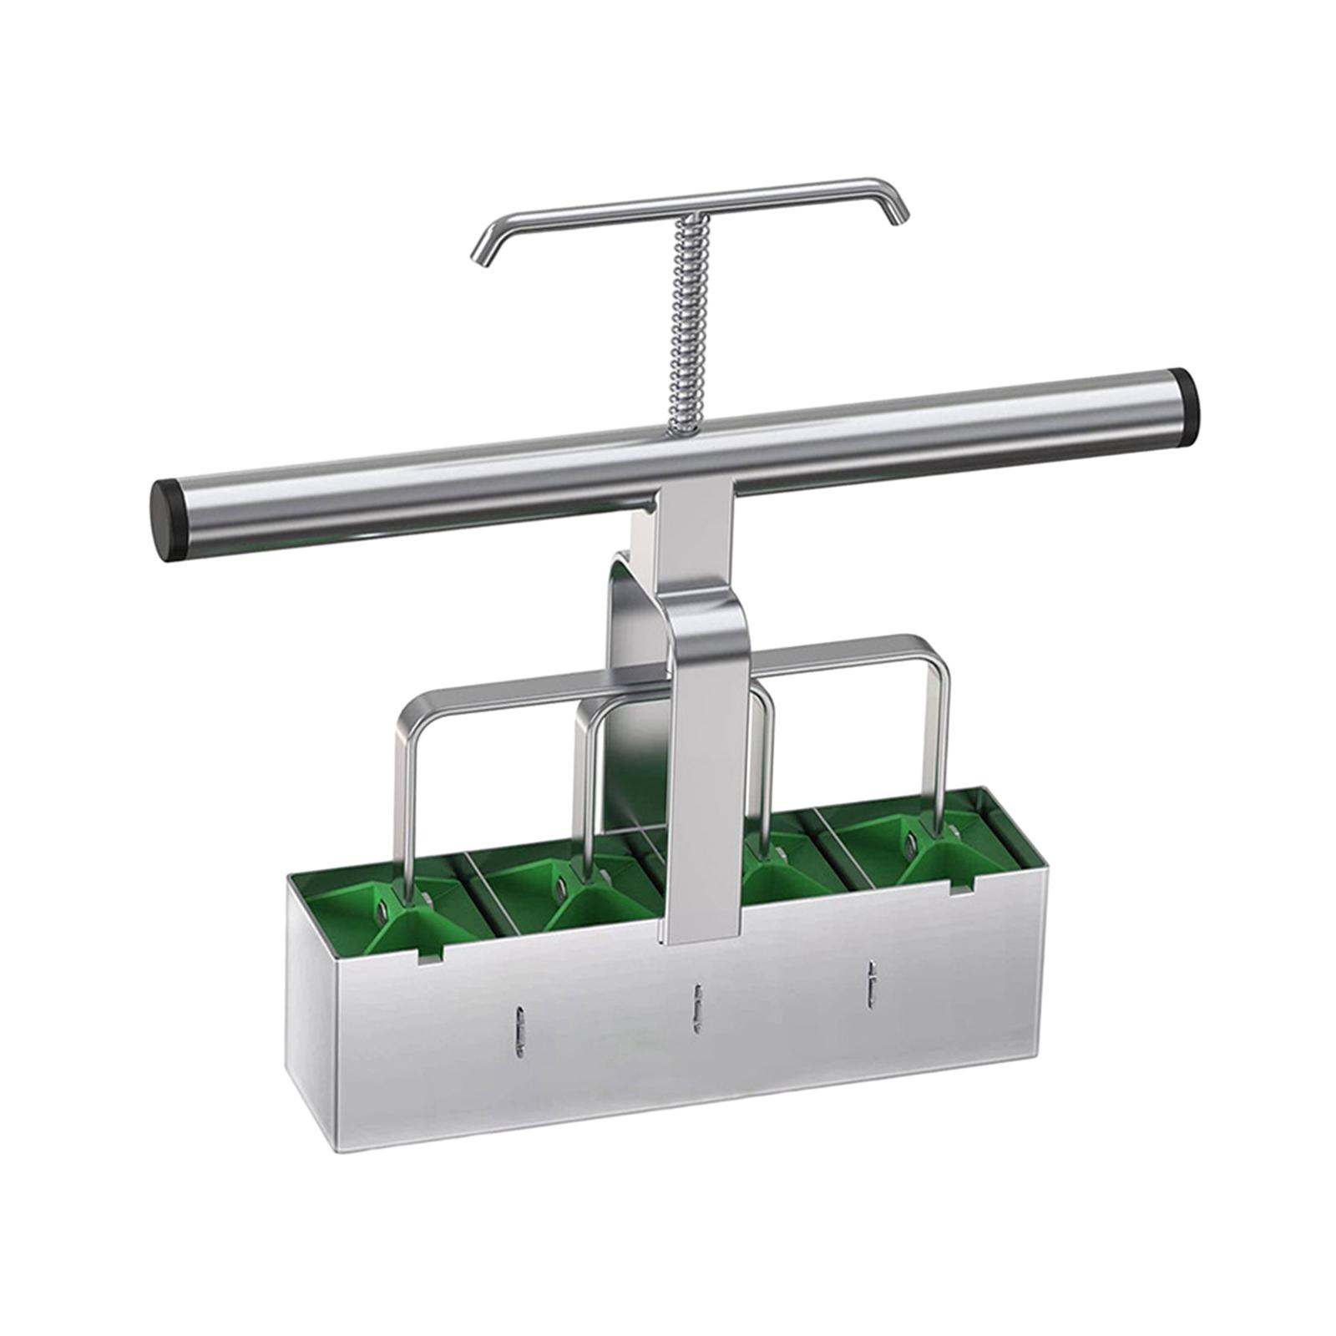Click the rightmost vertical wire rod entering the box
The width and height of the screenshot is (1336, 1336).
[x=942, y=743]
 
